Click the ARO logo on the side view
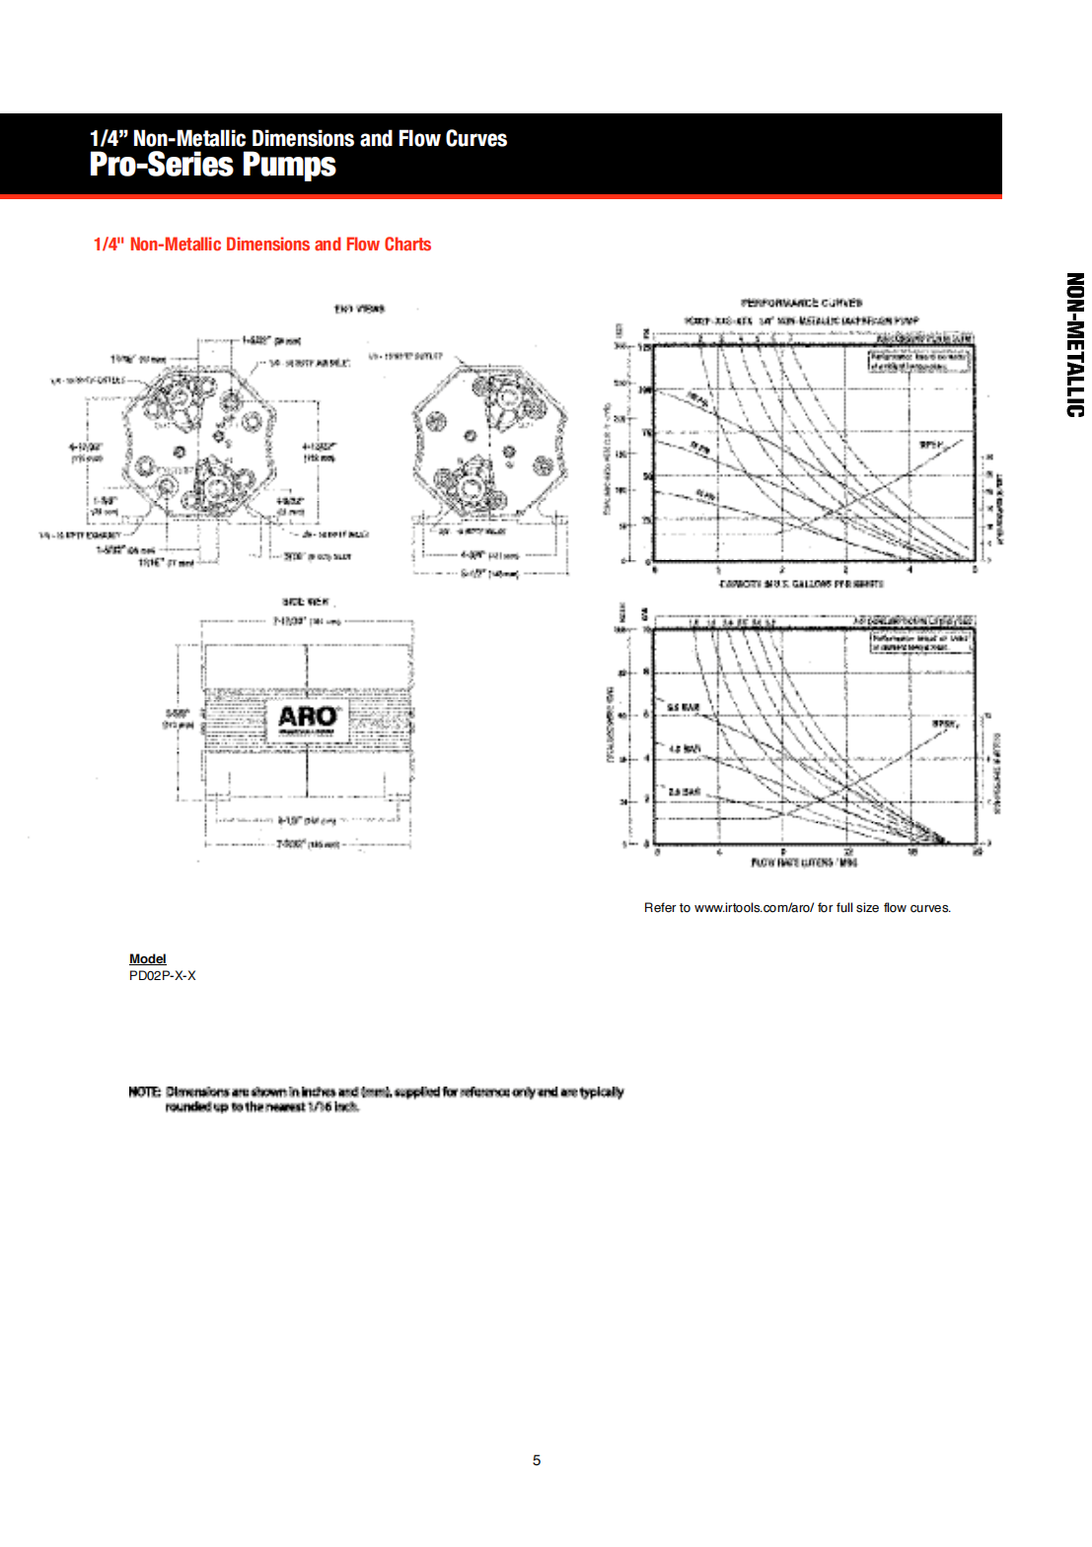pos(307,718)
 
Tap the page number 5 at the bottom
pos(537,1460)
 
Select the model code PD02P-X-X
pos(163,975)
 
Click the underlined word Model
pos(148,958)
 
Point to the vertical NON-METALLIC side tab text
pos(1074,345)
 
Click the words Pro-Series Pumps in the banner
pos(213,165)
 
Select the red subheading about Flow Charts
pos(262,245)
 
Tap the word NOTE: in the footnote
pos(144,1091)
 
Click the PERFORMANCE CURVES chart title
pos(801,303)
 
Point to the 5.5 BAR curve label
pos(684,708)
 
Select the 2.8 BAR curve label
pos(684,792)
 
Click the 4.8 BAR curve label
pos(685,749)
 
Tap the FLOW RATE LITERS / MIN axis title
pos(804,863)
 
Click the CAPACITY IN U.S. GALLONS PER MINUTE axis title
pos(801,584)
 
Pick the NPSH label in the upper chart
pos(931,445)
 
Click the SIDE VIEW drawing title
pos(305,601)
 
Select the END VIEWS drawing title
pos(358,309)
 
